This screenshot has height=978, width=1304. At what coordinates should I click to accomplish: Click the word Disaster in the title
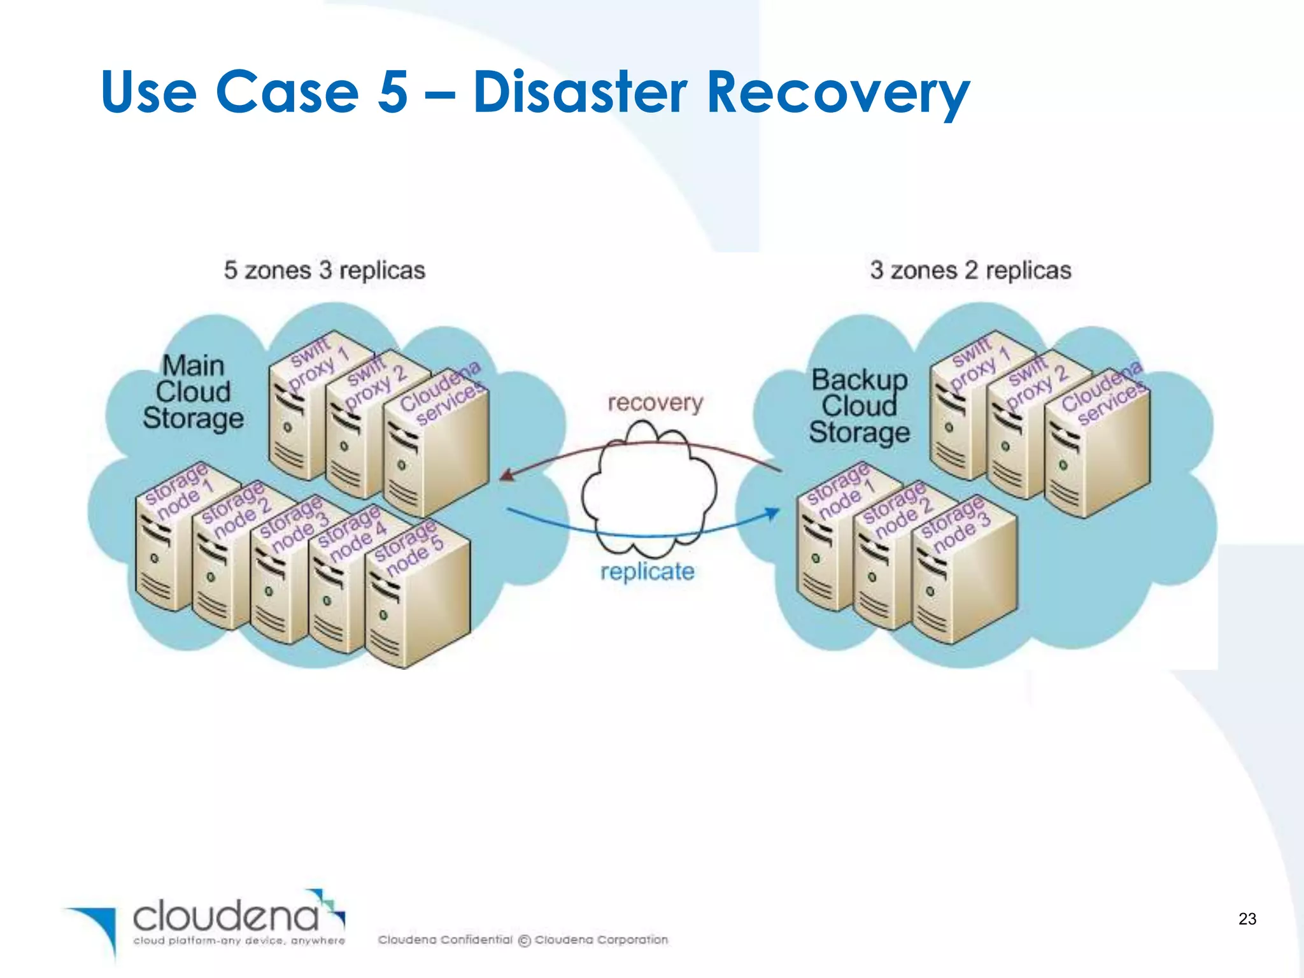[x=579, y=92]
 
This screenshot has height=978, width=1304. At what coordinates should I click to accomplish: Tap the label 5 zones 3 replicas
[x=324, y=270]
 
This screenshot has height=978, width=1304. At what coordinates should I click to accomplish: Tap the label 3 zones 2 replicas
[x=970, y=270]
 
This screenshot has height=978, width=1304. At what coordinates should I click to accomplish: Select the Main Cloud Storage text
[x=193, y=392]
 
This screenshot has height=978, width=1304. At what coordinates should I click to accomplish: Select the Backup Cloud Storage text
[x=859, y=406]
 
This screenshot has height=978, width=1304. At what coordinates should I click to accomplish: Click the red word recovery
[x=655, y=402]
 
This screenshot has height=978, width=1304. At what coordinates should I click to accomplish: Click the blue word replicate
[x=648, y=571]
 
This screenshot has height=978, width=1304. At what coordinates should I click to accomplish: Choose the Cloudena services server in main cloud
[x=436, y=446]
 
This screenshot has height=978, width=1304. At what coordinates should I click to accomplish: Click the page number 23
[x=1247, y=919]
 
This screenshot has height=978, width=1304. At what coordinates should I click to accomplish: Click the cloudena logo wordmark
[x=226, y=917]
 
